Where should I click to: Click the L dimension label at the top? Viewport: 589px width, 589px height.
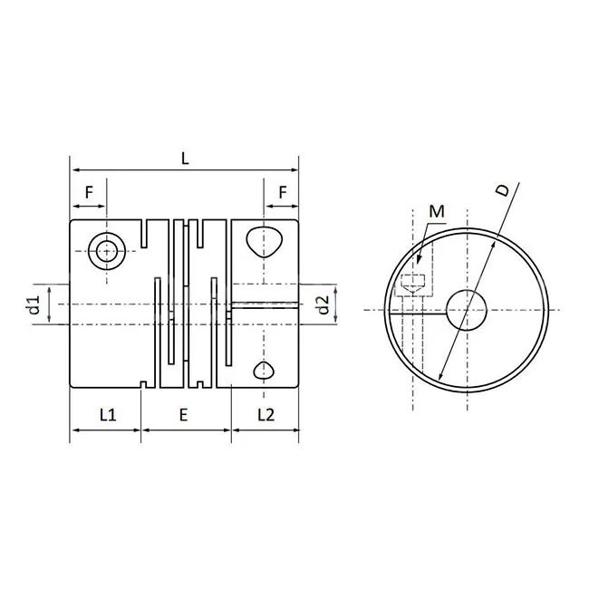click(185, 158)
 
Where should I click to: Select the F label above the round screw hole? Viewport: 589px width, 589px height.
click(89, 192)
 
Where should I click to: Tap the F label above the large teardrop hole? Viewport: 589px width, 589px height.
click(283, 192)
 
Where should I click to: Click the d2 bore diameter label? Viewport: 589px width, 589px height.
click(323, 305)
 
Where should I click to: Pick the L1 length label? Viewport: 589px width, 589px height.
click(107, 415)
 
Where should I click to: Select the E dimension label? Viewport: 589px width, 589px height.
click(183, 415)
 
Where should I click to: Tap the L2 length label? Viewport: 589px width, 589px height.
click(266, 415)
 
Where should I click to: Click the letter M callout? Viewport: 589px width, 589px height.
click(437, 212)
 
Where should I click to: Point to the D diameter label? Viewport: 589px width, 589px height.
click(504, 191)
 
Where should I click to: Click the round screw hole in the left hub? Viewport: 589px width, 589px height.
click(108, 250)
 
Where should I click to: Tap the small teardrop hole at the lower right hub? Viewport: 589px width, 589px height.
click(265, 369)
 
